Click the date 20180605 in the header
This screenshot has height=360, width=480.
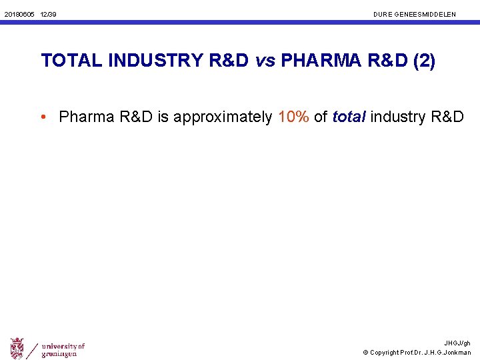coord(19,14)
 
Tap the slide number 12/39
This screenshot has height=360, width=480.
coord(48,14)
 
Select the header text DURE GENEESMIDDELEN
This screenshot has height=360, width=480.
coord(415,14)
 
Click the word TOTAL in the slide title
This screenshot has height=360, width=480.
coord(72,61)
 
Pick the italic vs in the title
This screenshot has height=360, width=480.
coord(265,61)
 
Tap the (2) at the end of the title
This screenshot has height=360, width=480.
coord(424,61)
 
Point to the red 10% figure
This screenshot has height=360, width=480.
coord(294,117)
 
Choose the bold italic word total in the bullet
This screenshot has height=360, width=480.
coord(349,117)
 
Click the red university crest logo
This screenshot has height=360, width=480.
coord(17,347)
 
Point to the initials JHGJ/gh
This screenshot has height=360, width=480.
coord(457,343)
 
